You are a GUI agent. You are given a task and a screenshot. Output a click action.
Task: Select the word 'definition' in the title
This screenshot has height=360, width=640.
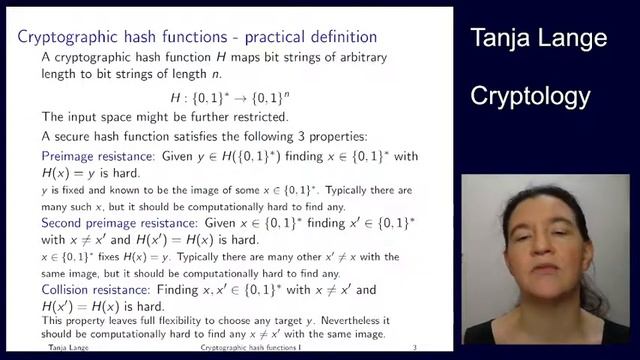click(x=342, y=38)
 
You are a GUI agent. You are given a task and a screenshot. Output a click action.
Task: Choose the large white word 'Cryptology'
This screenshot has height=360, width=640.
click(x=530, y=97)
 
